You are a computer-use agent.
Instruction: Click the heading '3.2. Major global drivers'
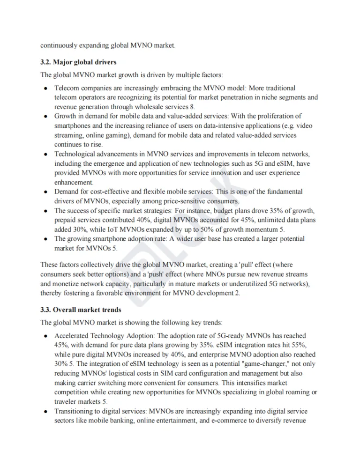click(78, 62)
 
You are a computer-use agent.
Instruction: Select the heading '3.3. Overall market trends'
click(81, 310)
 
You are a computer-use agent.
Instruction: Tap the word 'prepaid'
click(66, 220)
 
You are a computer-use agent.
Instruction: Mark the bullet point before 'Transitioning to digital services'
click(45, 411)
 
